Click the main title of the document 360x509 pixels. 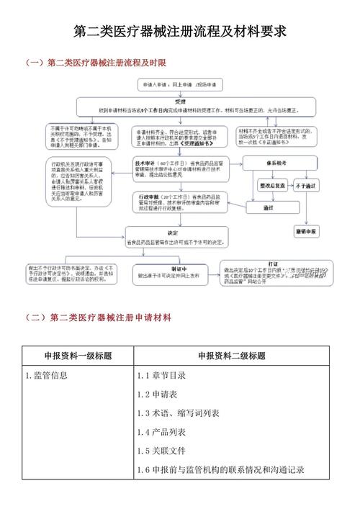tap(180, 32)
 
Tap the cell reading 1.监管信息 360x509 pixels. tap(47, 375)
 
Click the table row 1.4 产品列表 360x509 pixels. tap(162, 432)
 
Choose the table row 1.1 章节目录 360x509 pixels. tap(162, 375)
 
